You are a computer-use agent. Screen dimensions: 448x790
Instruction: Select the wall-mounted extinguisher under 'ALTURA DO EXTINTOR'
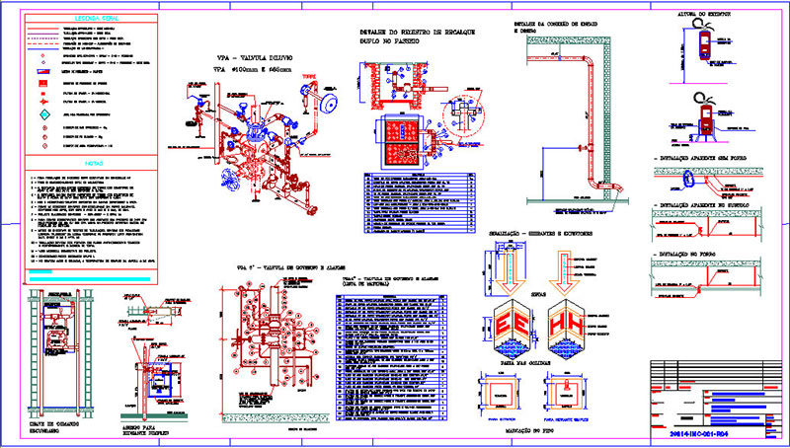point(704,42)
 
